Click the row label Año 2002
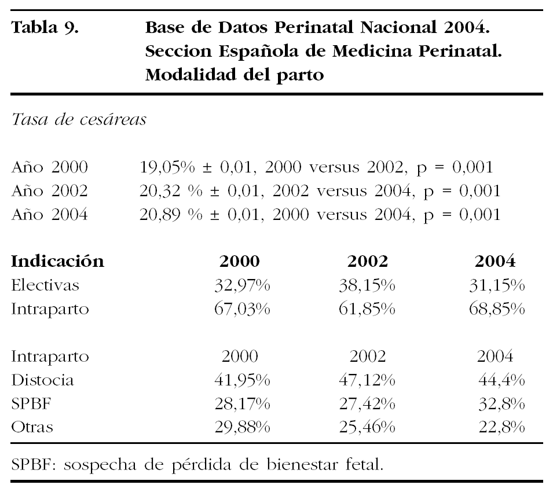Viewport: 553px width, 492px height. (x=50, y=192)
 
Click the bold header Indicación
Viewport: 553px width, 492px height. (x=58, y=262)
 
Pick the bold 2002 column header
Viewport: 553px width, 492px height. (x=367, y=262)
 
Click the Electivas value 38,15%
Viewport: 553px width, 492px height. (x=367, y=285)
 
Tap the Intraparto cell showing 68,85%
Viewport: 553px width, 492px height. (x=496, y=309)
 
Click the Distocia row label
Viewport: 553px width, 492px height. (x=42, y=380)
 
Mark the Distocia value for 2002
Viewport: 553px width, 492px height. (x=367, y=380)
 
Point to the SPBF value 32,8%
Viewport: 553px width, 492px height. (x=501, y=404)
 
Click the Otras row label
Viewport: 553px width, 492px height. (x=32, y=428)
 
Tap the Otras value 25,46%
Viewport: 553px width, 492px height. (x=367, y=428)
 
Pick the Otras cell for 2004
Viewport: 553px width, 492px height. (x=501, y=428)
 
